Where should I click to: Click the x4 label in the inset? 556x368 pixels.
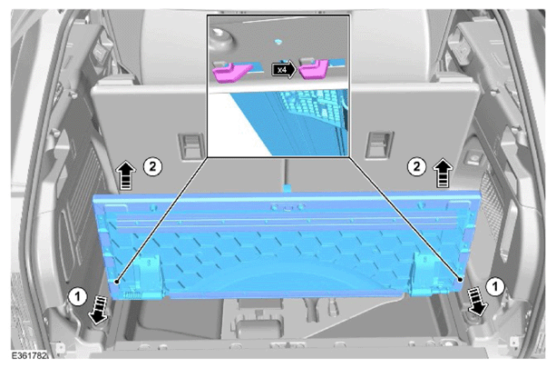(x=282, y=70)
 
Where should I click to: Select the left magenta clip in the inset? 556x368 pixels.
(x=230, y=71)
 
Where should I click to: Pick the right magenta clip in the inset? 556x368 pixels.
(x=314, y=69)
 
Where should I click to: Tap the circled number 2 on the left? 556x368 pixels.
(x=152, y=166)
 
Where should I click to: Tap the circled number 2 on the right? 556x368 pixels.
(x=416, y=166)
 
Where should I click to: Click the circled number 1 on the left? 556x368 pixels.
(x=78, y=297)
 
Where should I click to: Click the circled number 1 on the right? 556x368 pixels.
(x=495, y=286)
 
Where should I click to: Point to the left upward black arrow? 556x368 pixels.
(x=126, y=175)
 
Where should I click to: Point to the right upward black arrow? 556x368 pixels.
(x=444, y=174)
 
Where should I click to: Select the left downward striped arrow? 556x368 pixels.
(x=98, y=311)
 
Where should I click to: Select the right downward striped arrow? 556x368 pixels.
(x=477, y=302)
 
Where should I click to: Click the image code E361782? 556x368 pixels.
(x=29, y=355)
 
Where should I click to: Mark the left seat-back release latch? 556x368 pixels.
(x=191, y=145)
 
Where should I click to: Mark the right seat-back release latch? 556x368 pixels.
(x=379, y=144)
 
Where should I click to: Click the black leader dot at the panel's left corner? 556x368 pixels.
(x=117, y=282)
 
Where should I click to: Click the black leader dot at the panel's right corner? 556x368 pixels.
(x=460, y=280)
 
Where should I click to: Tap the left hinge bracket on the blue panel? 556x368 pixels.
(x=151, y=275)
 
